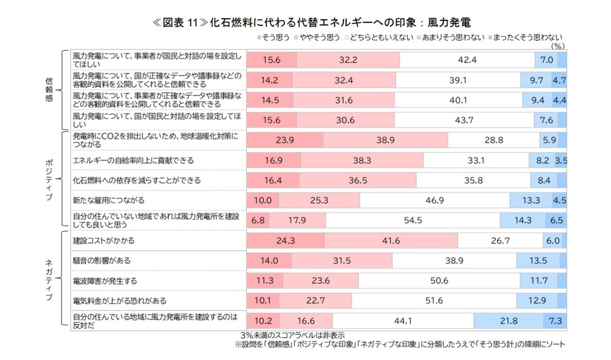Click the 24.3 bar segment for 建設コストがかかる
[x=286, y=240]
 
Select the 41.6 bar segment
[x=391, y=240]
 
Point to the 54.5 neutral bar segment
[x=413, y=220]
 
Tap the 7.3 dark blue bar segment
[x=555, y=321]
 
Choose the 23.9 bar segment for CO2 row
[x=285, y=140]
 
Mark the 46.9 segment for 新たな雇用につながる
[x=435, y=200]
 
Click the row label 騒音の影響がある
[x=102, y=260]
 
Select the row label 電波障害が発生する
[x=105, y=281]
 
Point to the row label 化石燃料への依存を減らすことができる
[x=136, y=180]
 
